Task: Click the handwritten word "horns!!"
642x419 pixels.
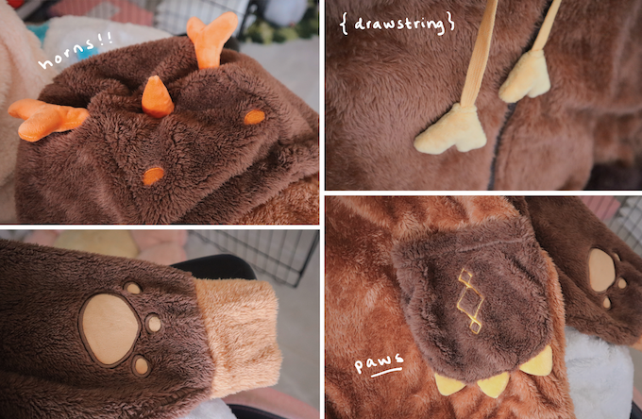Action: [76, 50]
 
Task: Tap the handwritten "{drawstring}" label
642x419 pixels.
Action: [397, 24]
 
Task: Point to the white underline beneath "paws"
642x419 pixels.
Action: [386, 372]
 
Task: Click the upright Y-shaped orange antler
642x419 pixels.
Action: [211, 40]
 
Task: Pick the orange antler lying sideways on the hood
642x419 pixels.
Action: [47, 119]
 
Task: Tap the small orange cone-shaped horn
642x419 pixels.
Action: [157, 97]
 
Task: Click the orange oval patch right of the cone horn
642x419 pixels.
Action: [254, 117]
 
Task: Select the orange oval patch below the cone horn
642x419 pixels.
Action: [153, 176]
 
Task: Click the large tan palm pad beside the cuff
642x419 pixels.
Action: [109, 329]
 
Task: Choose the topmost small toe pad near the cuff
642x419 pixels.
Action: [133, 288]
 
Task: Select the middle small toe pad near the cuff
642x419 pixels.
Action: [154, 324]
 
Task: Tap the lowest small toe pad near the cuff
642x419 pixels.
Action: [141, 365]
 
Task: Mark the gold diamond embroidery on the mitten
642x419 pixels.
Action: [471, 300]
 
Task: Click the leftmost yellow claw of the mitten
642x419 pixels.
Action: [449, 385]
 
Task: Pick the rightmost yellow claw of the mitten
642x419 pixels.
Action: [538, 362]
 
